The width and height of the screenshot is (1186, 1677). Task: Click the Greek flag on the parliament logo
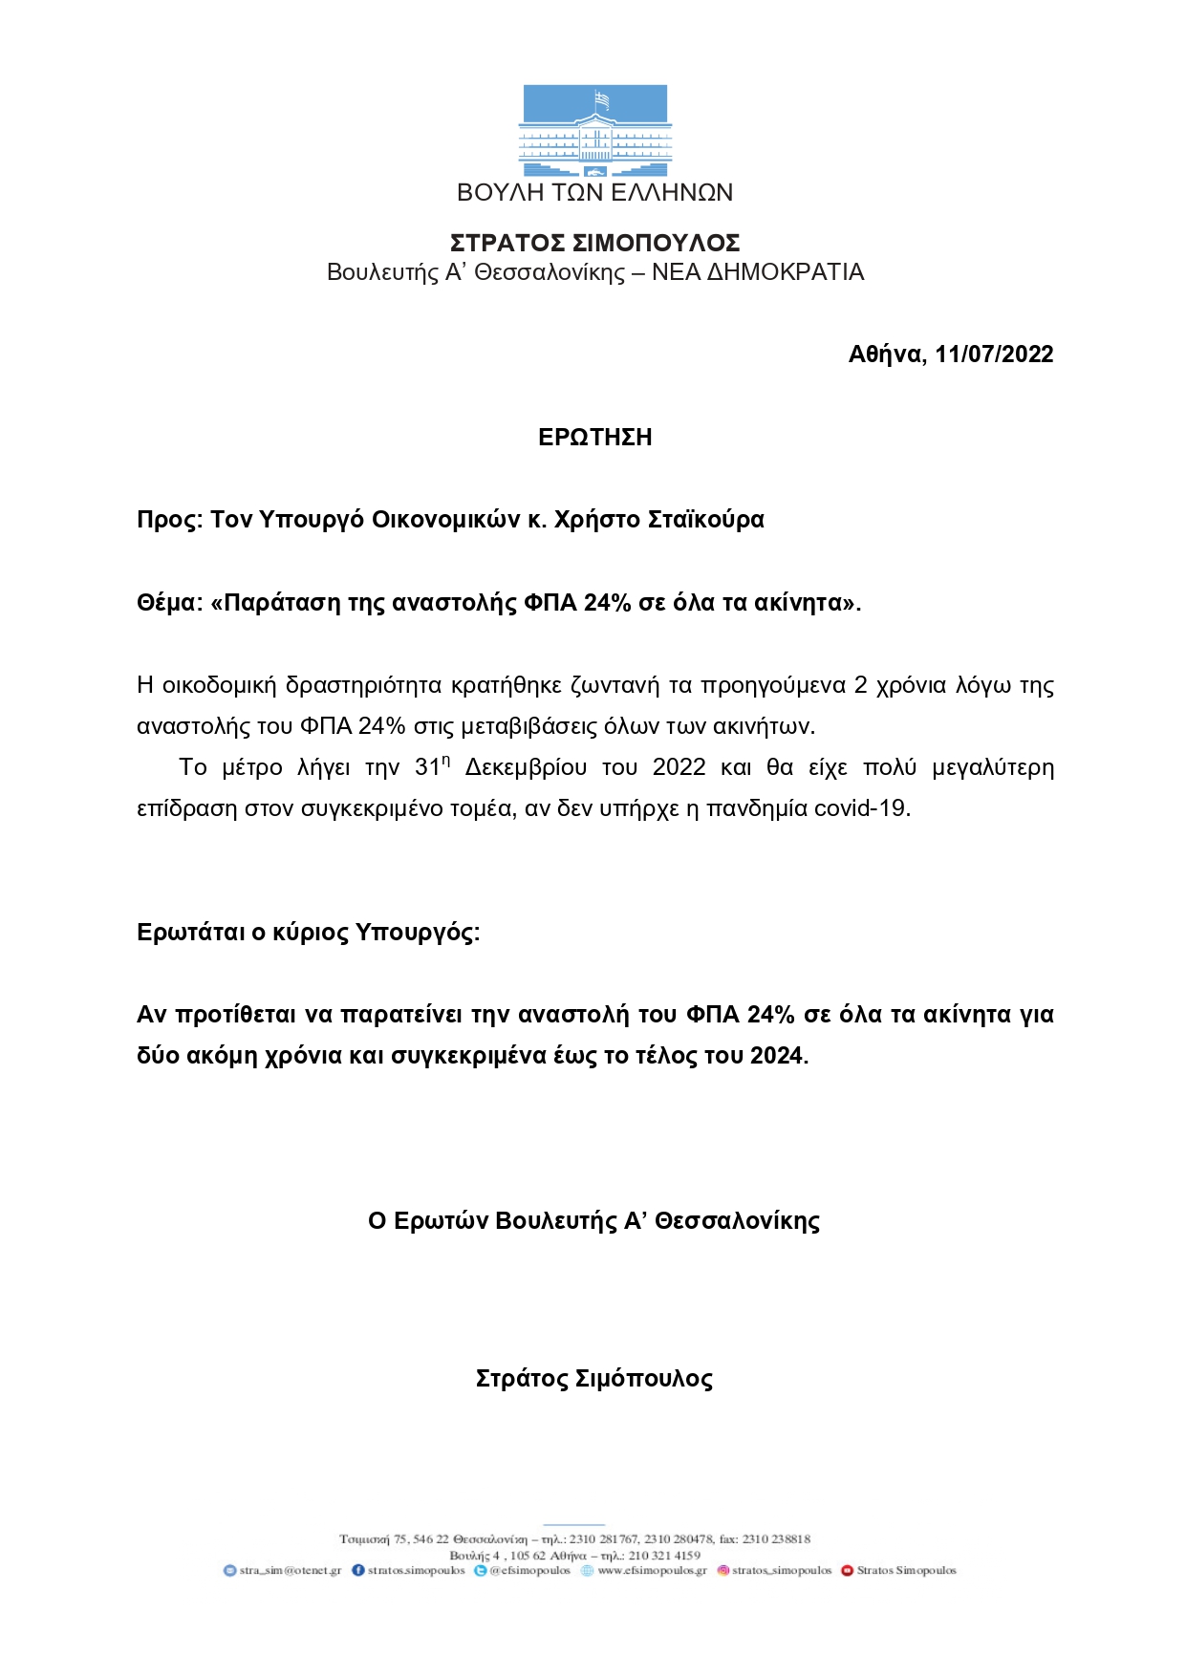(x=602, y=99)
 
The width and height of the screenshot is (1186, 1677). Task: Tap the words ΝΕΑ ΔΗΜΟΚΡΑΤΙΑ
(x=758, y=272)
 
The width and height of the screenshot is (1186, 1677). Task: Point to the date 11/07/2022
(x=994, y=355)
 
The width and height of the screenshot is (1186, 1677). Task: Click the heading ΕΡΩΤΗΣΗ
(x=594, y=438)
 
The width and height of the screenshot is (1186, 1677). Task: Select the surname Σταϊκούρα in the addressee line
(x=706, y=520)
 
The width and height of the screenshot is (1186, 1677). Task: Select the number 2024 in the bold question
(x=778, y=1056)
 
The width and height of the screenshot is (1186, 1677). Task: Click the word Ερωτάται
(x=191, y=933)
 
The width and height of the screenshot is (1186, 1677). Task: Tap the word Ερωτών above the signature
(x=442, y=1221)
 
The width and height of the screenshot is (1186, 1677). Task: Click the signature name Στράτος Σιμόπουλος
(x=593, y=1379)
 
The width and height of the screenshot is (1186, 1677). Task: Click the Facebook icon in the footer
(x=358, y=1570)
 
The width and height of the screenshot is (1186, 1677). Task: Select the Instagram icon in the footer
(x=723, y=1570)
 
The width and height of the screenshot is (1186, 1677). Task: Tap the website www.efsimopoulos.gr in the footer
(x=652, y=1570)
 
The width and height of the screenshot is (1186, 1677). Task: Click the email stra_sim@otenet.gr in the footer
(x=290, y=1570)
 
